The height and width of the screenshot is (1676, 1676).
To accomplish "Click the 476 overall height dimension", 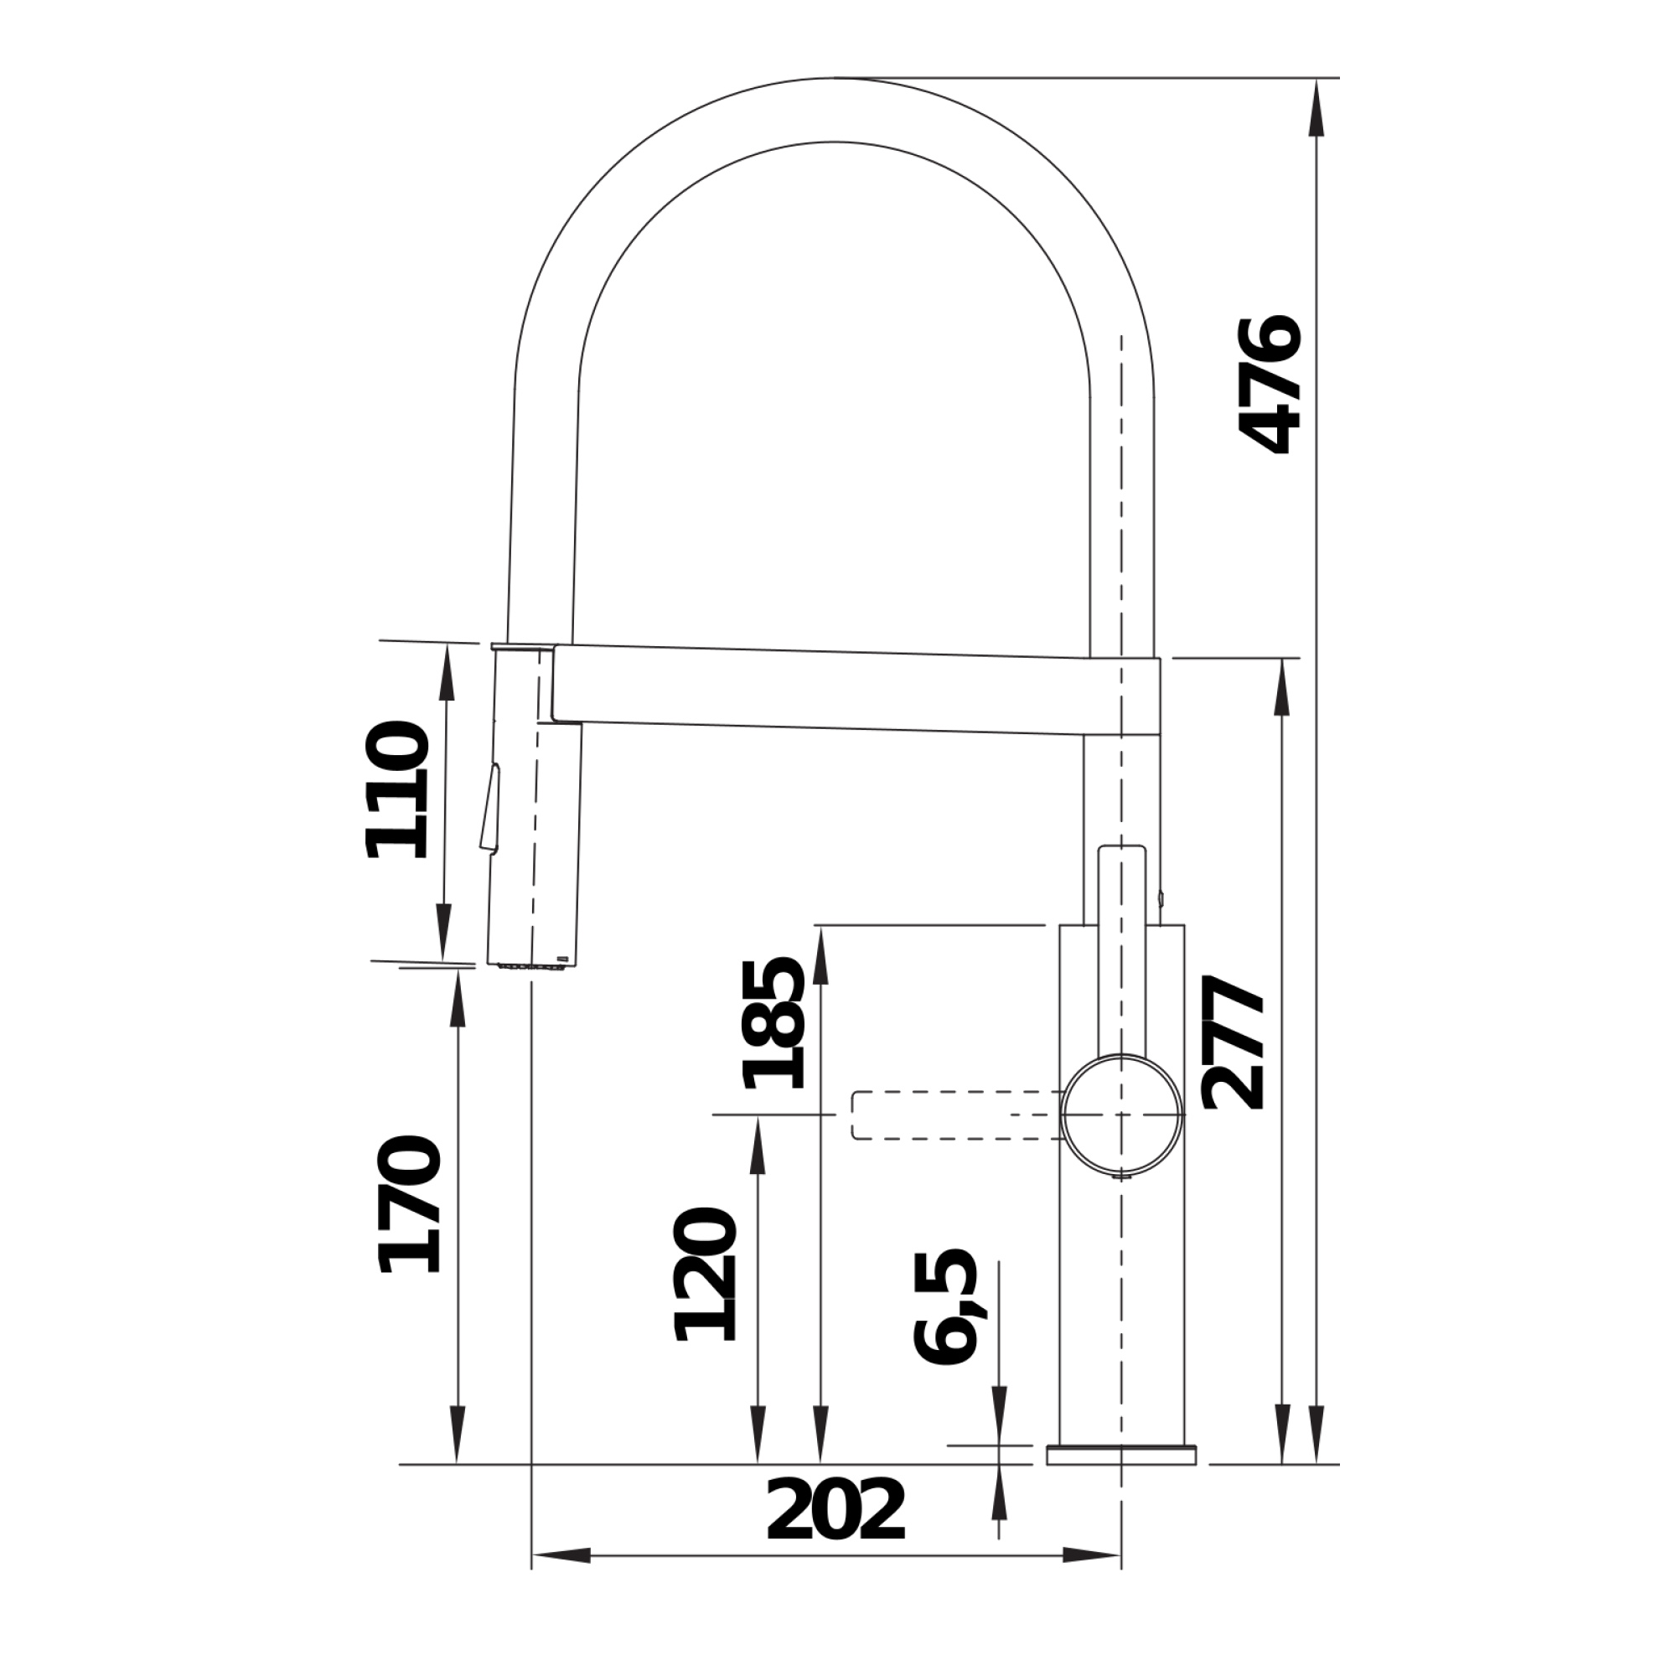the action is click(1272, 385).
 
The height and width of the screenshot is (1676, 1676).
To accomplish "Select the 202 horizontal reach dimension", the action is click(835, 1509).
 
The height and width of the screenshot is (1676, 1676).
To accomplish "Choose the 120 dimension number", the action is click(706, 1274).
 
